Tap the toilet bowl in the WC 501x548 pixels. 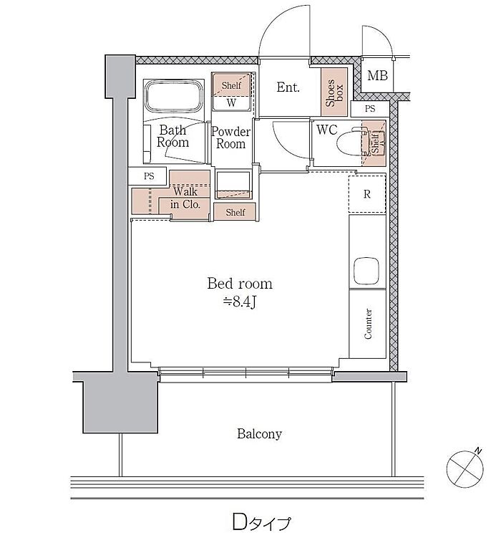(351, 143)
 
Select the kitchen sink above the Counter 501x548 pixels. (366, 271)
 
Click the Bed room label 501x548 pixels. (240, 284)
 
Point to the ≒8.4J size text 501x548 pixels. (240, 302)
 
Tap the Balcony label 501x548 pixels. (259, 433)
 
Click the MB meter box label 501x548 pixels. (377, 75)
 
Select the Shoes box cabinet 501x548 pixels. (334, 92)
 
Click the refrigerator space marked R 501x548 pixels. (367, 194)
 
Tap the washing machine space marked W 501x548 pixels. (231, 103)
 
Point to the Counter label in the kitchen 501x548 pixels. (368, 324)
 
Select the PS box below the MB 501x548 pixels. (370, 109)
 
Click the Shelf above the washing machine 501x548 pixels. (231, 85)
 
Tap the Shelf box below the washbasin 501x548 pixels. (235, 212)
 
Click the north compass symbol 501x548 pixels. (465, 468)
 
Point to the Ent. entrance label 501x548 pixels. (288, 87)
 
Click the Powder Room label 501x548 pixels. (230, 138)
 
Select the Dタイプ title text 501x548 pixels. (261, 522)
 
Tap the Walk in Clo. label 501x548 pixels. (185, 198)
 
